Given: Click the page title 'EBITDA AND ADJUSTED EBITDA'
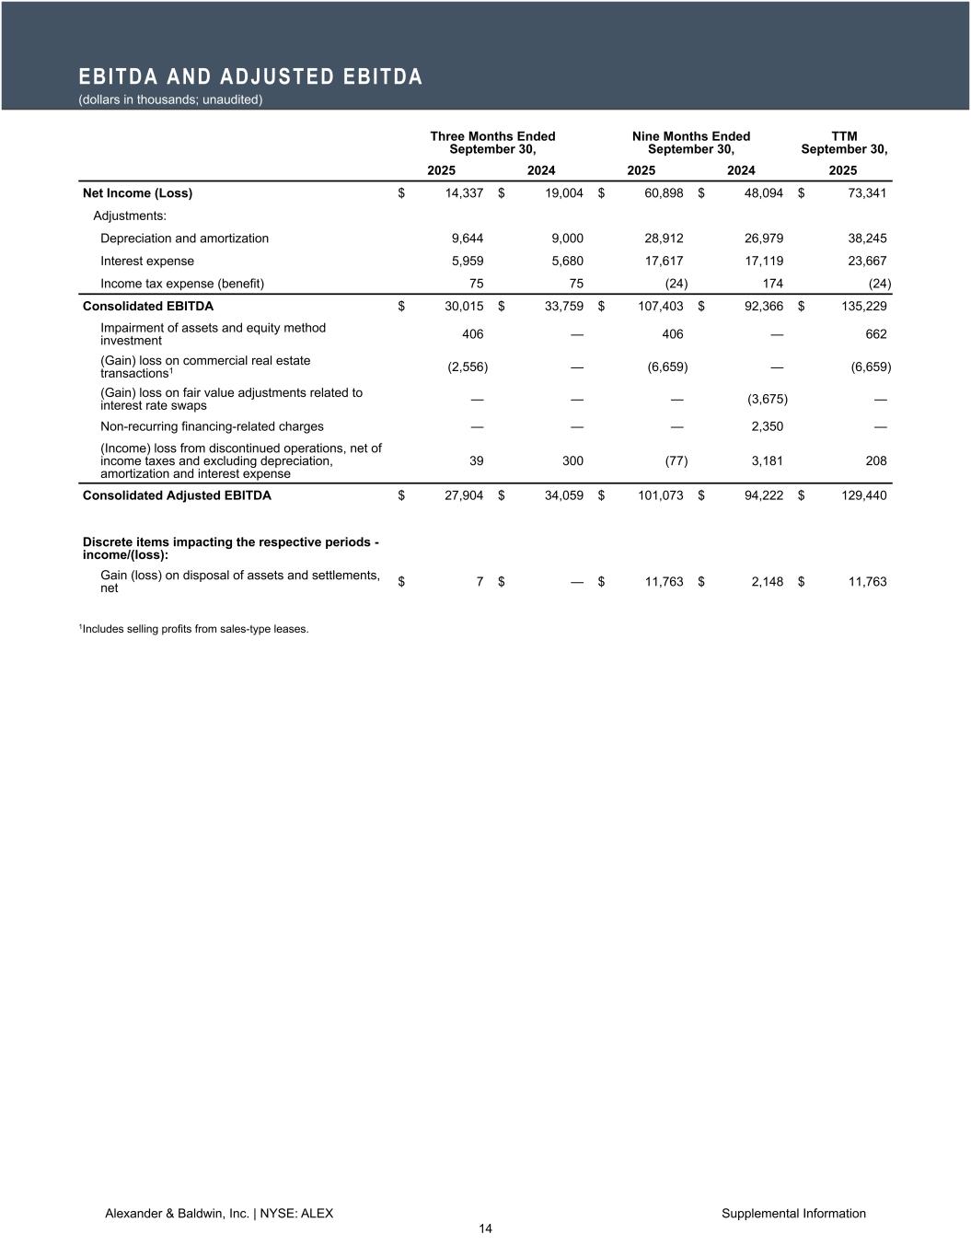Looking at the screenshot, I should [x=250, y=77].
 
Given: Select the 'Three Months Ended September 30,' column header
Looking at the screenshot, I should [x=492, y=143].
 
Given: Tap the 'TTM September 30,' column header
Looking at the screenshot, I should [x=843, y=143].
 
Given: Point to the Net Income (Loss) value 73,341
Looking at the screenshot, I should [x=864, y=193].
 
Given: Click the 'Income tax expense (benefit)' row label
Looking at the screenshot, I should [x=182, y=284].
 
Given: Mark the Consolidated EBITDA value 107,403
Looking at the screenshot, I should [x=660, y=307].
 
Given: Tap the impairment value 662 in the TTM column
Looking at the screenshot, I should [x=875, y=334].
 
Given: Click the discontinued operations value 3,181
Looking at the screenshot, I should [x=767, y=460].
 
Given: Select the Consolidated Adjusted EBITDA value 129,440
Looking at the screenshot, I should [x=861, y=495].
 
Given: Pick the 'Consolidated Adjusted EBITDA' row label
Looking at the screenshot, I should [x=177, y=495].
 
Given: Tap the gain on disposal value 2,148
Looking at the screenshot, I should [x=767, y=581].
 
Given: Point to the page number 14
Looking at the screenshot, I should [x=485, y=1229].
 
